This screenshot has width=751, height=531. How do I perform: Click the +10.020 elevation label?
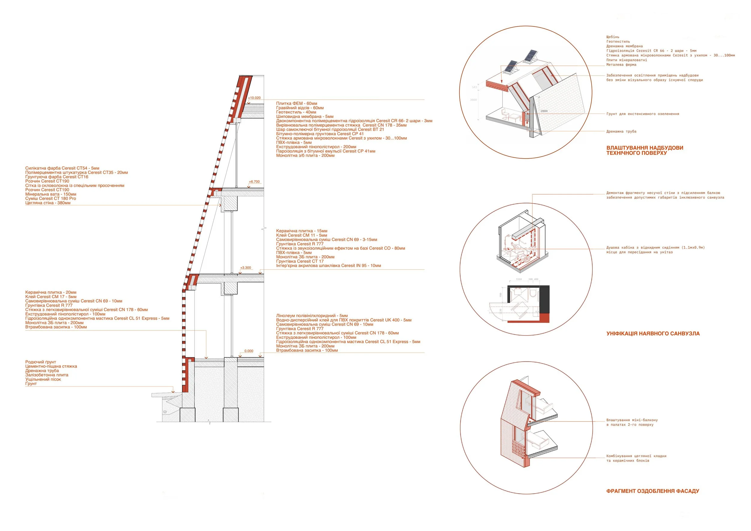pyautogui.click(x=254, y=98)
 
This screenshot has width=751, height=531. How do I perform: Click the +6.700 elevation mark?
pyautogui.click(x=254, y=181)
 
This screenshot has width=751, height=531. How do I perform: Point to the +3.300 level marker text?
pyautogui.click(x=246, y=268)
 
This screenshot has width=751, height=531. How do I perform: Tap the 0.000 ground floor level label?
pyautogui.click(x=249, y=351)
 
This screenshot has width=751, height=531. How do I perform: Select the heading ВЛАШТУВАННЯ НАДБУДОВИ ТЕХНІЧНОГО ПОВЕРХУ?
pyautogui.click(x=644, y=150)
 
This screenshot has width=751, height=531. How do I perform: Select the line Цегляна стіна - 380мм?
pyautogui.click(x=48, y=203)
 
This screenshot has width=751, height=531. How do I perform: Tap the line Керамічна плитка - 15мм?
pyautogui.click(x=302, y=231)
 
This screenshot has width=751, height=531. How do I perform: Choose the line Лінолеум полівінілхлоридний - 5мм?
pyautogui.click(x=312, y=316)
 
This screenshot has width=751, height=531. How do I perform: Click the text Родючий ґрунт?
pyautogui.click(x=41, y=362)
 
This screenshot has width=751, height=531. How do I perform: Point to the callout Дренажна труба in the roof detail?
pyautogui.click(x=621, y=132)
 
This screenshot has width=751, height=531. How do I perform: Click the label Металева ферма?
pyautogui.click(x=621, y=65)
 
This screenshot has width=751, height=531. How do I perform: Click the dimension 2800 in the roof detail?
pyautogui.click(x=544, y=111)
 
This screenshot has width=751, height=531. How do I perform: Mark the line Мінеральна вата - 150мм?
pyautogui.click(x=51, y=194)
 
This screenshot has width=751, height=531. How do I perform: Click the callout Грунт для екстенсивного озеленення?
pyautogui.click(x=643, y=114)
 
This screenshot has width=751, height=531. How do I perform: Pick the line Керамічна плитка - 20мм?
pyautogui.click(x=51, y=292)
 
